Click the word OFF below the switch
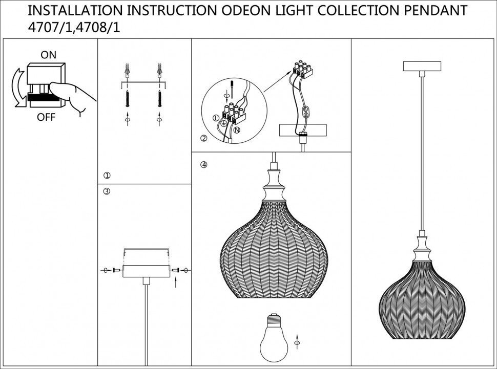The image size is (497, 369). (x=46, y=117)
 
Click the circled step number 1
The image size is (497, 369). (x=107, y=175)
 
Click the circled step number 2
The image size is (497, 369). (x=203, y=139)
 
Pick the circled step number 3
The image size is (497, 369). (x=107, y=191)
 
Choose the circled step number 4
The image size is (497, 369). (x=204, y=165)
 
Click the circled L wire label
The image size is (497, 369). (x=215, y=119)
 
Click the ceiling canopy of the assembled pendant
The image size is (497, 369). (x=422, y=66)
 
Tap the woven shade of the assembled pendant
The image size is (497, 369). (x=422, y=302)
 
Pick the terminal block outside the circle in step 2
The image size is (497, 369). (x=302, y=69)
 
